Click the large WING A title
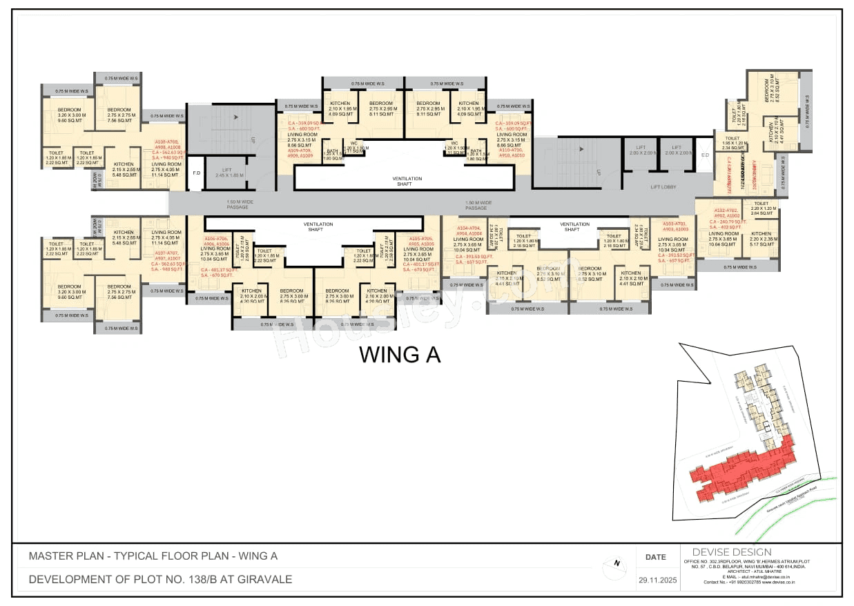pos(400,355)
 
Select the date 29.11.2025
pos(655,580)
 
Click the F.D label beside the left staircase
pos(196,173)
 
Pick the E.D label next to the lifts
pos(704,155)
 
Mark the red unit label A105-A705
pos(421,239)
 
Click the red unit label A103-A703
pos(676,224)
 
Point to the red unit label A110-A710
pos(511,150)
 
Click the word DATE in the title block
pos(655,557)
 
